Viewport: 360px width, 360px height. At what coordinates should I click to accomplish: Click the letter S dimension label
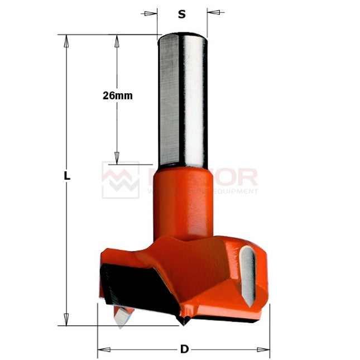pos(181,15)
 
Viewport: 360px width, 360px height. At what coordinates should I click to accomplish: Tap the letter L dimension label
pos(66,175)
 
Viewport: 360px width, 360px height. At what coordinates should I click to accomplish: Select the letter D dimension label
pos(184,350)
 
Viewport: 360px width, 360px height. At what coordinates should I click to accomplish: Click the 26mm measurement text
pos(118,95)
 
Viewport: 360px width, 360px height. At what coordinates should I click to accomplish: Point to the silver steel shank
pos(182,100)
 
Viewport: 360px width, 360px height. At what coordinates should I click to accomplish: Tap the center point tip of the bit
pos(184,320)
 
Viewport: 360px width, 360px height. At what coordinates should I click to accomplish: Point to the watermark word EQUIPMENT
pos(234,191)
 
